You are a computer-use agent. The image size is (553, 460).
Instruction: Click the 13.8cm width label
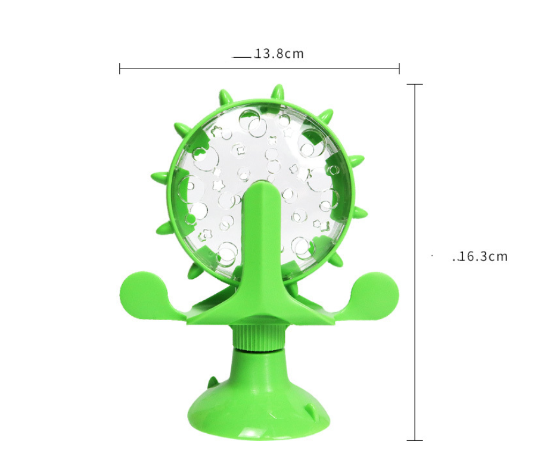279,54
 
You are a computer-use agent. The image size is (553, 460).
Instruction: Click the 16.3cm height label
482,256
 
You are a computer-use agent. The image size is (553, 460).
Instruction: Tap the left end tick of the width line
120,69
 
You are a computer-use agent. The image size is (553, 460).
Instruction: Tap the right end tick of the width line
399,69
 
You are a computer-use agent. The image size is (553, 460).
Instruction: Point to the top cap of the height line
415,84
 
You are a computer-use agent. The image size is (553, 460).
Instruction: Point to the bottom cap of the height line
415,440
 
